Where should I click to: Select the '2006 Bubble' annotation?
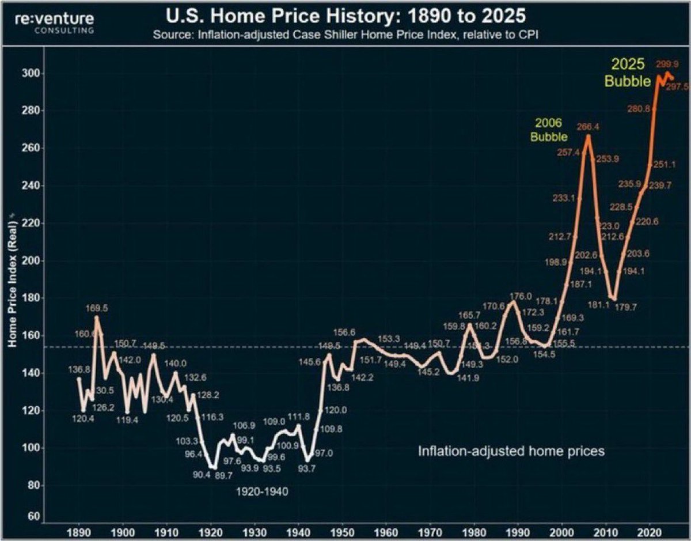[x=548, y=130]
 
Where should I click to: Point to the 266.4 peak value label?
[x=588, y=126]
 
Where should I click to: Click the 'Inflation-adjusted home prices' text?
[x=511, y=451]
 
